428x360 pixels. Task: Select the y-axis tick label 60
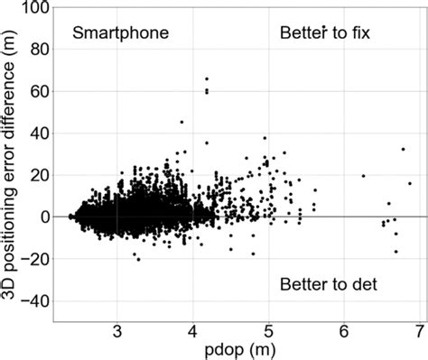[37, 91]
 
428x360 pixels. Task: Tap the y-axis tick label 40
[37, 134]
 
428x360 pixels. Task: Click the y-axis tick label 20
[37, 175]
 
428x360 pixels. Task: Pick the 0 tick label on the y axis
[42, 217]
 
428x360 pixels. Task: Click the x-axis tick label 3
[117, 331]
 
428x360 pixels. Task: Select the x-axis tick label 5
[268, 331]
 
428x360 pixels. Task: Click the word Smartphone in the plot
[121, 34]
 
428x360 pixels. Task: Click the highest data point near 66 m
[207, 78]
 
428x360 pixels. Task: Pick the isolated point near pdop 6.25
[363, 176]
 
